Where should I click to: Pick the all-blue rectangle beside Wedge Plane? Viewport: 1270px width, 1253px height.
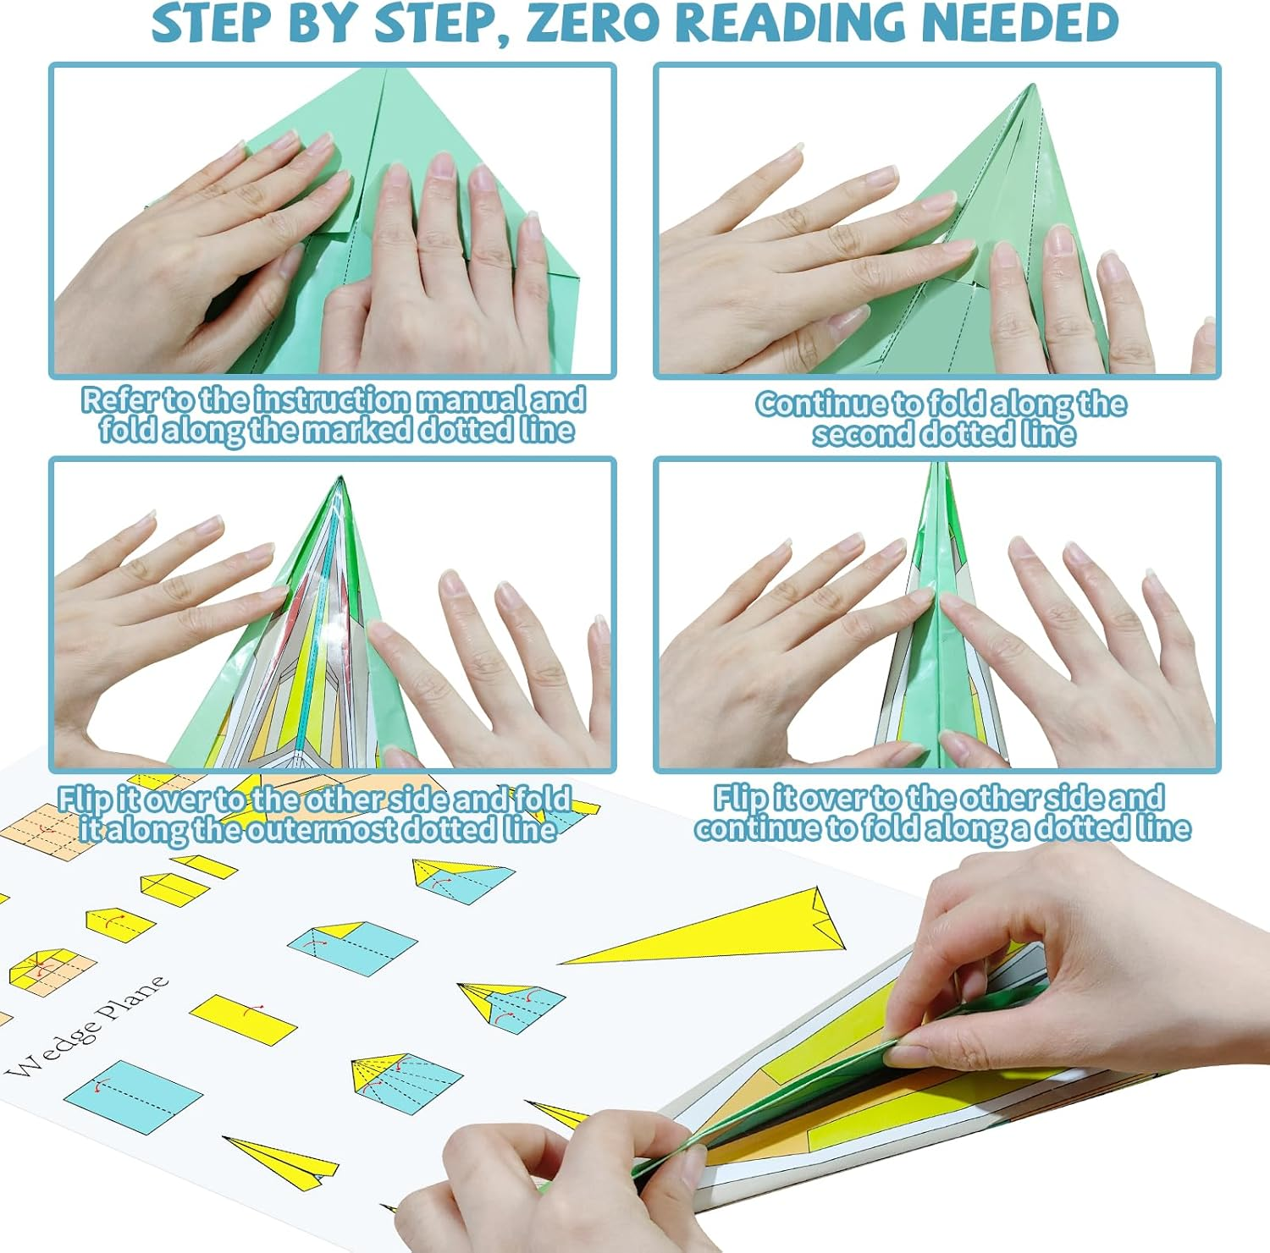coord(133,1096)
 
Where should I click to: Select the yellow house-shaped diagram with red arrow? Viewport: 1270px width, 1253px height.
coord(119,924)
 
